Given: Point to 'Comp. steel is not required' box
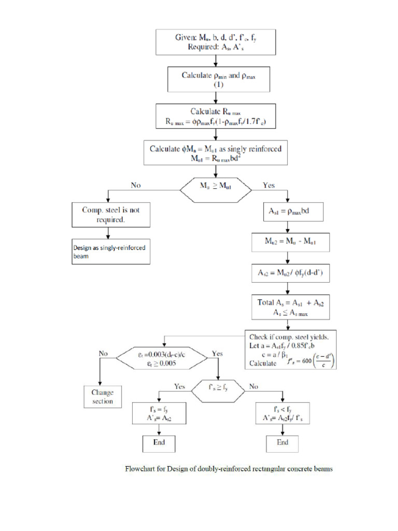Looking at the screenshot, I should coord(111,215).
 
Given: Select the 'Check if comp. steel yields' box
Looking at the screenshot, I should coord(291,350).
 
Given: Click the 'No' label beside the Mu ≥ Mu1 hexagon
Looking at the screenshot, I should coord(136,185).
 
